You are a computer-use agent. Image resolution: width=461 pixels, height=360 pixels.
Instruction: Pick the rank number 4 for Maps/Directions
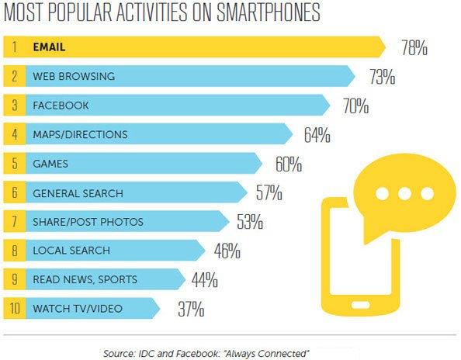(16, 134)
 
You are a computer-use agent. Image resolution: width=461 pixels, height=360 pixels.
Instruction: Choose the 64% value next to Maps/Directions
(317, 134)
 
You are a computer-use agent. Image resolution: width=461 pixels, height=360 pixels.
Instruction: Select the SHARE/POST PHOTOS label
(87, 222)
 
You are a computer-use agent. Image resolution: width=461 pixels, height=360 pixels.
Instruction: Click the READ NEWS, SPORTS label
(85, 280)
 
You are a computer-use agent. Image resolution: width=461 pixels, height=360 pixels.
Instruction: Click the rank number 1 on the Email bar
(16, 47)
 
